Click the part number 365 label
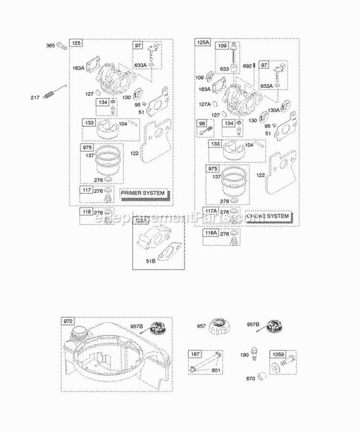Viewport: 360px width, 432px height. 50,46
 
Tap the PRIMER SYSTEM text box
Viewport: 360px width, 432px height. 143,193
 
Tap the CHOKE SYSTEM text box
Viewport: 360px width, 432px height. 268,216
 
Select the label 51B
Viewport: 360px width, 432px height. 151,261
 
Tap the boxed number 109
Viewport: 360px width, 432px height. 222,47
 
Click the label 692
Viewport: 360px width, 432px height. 247,66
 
